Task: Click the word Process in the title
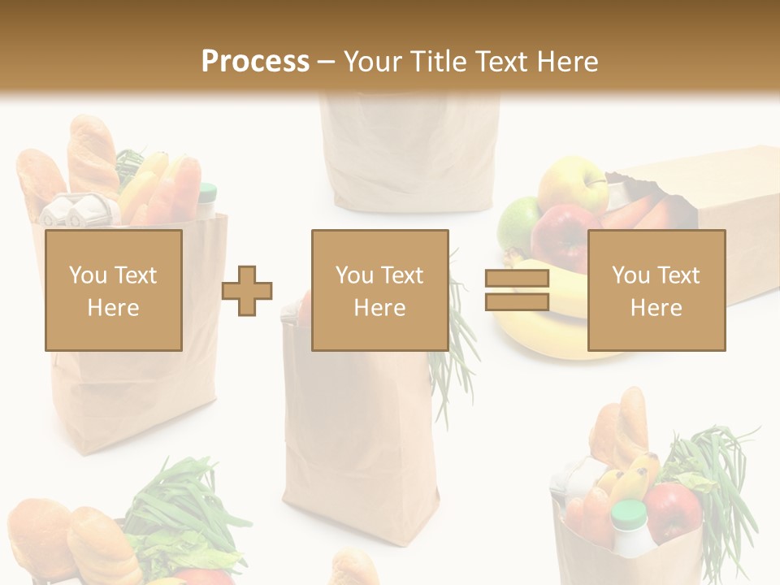255,61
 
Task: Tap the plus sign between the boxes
247,290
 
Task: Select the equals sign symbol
517,290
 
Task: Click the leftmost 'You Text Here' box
113,290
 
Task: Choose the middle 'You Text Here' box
379,290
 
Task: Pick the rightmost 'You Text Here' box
656,290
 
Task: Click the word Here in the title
566,61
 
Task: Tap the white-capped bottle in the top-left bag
207,199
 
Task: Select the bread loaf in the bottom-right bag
621,427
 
